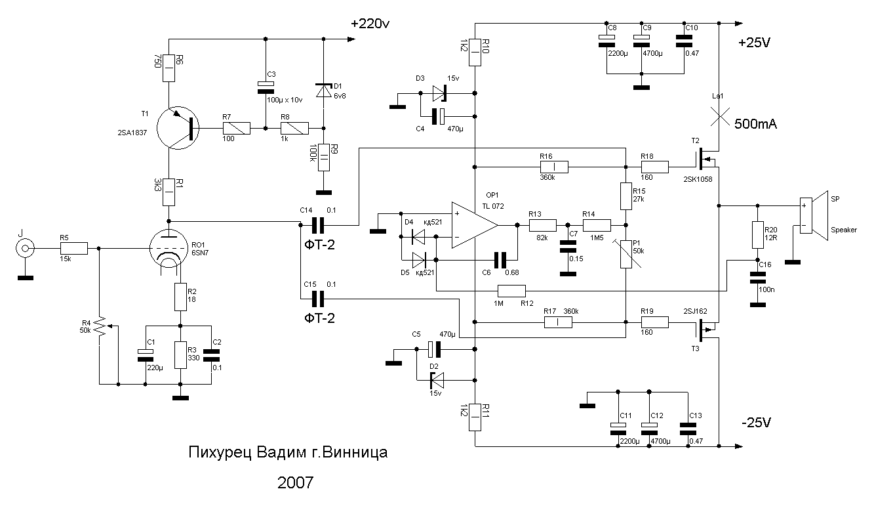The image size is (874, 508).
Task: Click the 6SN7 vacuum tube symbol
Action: click(x=169, y=248)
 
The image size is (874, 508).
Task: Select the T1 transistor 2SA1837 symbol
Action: click(x=178, y=128)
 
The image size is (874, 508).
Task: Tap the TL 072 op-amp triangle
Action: click(x=475, y=225)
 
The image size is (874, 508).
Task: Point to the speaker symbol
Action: click(x=814, y=215)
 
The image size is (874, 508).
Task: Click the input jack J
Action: click(x=25, y=248)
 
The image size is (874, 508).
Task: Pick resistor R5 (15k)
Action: click(x=73, y=248)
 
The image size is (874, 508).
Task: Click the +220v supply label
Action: click(x=370, y=24)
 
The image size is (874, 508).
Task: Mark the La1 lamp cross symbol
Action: click(x=719, y=116)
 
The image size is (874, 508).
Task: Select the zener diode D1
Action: click(x=323, y=91)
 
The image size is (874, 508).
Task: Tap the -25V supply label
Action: click(x=756, y=423)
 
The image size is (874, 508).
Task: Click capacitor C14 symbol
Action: click(x=317, y=225)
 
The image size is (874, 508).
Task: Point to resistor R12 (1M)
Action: click(x=511, y=291)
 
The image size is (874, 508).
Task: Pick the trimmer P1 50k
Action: click(x=627, y=254)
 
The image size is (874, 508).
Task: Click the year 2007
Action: click(x=295, y=483)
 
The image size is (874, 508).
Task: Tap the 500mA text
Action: click(x=756, y=124)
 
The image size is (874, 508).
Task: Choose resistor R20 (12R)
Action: click(x=758, y=235)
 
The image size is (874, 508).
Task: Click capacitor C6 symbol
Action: click(x=500, y=260)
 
